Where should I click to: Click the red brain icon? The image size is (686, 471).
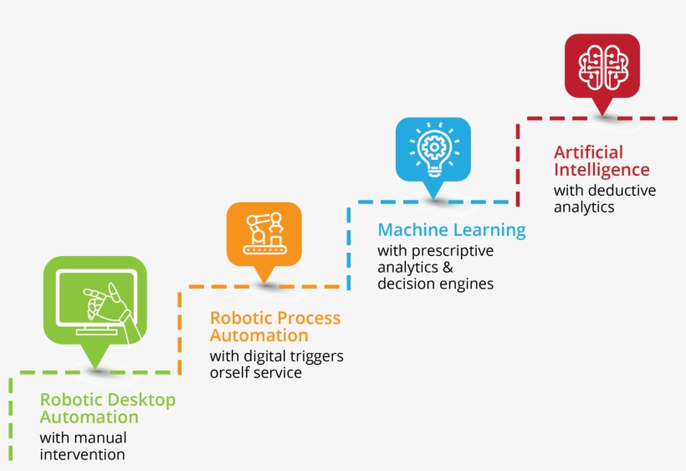[x=602, y=67]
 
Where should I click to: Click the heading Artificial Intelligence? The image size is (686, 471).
[x=602, y=161]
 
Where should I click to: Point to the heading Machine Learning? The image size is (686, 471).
[x=452, y=229]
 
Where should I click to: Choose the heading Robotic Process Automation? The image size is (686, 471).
[x=275, y=326]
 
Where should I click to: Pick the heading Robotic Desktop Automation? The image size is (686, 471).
[x=108, y=408]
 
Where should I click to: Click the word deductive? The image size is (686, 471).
[x=622, y=191]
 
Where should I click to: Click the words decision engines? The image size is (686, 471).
[x=435, y=284]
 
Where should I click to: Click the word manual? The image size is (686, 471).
[x=100, y=438]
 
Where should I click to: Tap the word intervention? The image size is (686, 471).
[x=82, y=454]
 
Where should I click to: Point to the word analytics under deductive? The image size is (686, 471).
[x=584, y=207]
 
